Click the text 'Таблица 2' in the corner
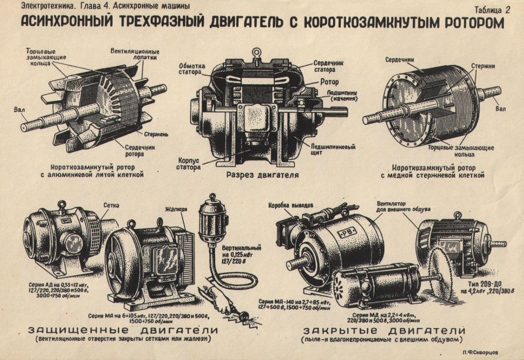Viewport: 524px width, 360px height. tap(492, 10)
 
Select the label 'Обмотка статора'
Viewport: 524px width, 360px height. tap(190, 69)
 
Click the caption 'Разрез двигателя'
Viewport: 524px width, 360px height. tap(262, 175)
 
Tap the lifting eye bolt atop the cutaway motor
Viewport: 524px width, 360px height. tap(256, 54)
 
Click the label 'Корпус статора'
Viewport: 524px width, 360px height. tap(188, 163)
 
